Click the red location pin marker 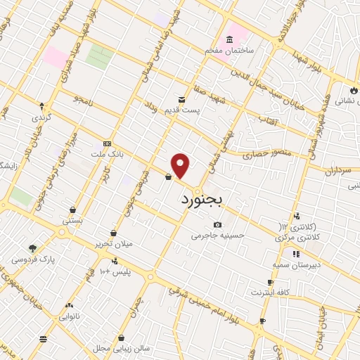tap(181, 166)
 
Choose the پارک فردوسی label tap(33, 259)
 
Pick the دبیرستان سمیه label tap(296, 264)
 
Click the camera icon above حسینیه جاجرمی tap(218, 225)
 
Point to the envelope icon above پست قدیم tap(182, 101)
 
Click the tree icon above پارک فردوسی tap(33, 248)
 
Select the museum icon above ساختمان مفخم tap(231, 40)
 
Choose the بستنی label tap(73, 220)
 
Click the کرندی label tap(41, 117)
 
